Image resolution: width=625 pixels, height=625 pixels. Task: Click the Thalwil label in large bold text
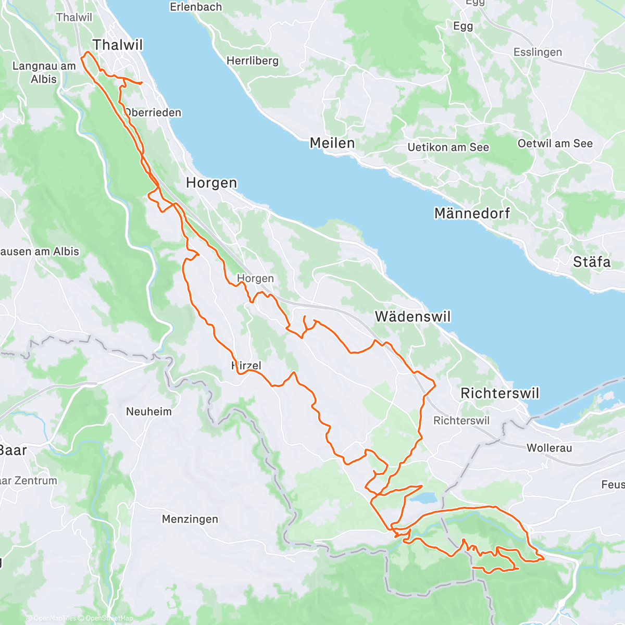[118, 45]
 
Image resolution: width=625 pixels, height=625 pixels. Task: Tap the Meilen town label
[332, 143]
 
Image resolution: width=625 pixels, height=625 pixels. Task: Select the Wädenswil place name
[413, 316]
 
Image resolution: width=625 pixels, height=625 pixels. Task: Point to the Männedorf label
[472, 213]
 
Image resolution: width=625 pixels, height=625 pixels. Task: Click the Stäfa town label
[592, 261]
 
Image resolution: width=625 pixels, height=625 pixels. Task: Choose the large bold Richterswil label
[499, 393]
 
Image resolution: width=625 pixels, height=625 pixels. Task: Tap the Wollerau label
[549, 448]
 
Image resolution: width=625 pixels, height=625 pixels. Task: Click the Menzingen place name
[190, 519]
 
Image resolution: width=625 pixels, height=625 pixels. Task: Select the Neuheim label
[148, 411]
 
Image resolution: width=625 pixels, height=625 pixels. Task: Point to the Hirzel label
[247, 366]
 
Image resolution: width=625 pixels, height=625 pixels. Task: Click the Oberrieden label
[153, 113]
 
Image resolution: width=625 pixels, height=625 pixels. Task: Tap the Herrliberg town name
[252, 61]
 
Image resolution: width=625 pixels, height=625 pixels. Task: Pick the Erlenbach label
[196, 7]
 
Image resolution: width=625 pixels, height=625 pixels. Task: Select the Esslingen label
[537, 52]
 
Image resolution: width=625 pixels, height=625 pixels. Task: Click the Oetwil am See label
[555, 143]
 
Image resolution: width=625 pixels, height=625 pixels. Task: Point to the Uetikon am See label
[448, 147]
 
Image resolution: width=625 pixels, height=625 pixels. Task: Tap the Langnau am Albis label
[44, 72]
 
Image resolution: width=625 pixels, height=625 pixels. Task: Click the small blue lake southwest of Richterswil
[423, 498]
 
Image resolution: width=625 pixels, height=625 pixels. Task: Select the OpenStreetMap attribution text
[109, 618]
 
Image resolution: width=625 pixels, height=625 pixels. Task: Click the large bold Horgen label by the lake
[211, 183]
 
